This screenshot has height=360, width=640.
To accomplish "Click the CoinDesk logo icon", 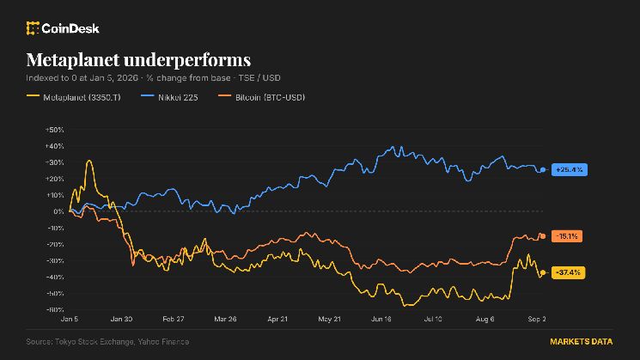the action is pos(33,28).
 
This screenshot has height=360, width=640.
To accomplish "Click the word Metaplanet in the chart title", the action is pos(73,60).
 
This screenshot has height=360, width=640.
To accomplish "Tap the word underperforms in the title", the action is pos(187,61).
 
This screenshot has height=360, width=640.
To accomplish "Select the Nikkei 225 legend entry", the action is pos(169,97).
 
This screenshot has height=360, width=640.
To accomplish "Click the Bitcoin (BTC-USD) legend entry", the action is pos(262,97).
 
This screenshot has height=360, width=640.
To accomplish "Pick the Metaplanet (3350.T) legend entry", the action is pos(74,97).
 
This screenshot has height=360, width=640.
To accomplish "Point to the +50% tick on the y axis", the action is pos(55,130).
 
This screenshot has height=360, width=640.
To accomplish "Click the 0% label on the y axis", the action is pos(58,211).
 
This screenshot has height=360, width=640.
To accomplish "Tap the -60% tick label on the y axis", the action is pos(55,310).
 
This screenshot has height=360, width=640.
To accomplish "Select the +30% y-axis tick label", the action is pos(55,162).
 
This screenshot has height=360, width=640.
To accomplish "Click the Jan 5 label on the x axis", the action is pos(70,319).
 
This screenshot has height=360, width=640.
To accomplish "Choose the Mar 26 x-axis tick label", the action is pos(225,319).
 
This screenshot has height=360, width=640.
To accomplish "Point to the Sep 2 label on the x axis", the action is pos(537,319).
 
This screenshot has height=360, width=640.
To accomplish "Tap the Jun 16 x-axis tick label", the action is pos(381,319).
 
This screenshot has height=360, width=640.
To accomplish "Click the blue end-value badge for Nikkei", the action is pos(570,169).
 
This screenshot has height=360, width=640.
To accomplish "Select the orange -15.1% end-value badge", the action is pos(567,236).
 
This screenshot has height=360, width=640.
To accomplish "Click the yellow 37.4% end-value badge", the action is pos(568,272).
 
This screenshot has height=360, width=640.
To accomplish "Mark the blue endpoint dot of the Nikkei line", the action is pos(543,170).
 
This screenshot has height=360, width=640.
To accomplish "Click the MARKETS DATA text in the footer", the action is pos(582,342).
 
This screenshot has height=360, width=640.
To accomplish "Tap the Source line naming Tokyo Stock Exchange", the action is pos(107,342).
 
